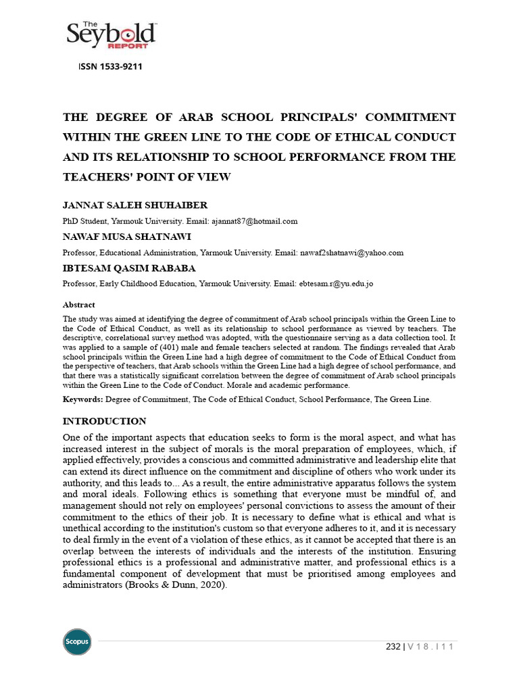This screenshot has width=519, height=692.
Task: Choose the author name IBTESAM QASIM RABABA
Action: (129, 268)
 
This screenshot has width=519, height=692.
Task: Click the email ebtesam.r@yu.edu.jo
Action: (336, 285)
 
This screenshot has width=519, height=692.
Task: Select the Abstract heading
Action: (78, 305)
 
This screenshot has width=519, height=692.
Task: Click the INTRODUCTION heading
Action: (104, 421)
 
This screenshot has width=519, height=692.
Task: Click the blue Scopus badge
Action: (76, 641)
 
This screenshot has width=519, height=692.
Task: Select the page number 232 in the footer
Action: (393, 647)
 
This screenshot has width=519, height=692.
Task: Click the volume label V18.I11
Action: (430, 647)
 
